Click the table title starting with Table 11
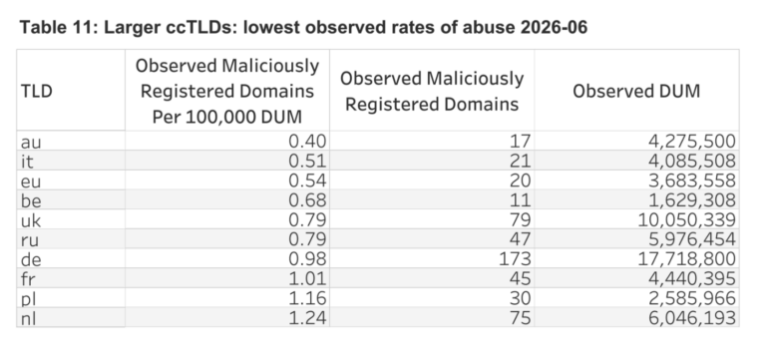[x=303, y=27]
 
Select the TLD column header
[x=36, y=92]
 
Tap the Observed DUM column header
[x=636, y=92]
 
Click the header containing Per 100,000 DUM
[x=227, y=92]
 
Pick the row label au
[x=31, y=143]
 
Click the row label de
[x=31, y=259]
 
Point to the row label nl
[x=28, y=318]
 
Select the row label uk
[x=31, y=220]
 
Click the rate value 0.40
[x=307, y=142]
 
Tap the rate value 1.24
[x=307, y=317]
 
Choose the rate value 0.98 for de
[x=307, y=258]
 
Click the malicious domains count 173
[x=515, y=258]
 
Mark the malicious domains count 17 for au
[x=521, y=142]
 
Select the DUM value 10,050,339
[x=687, y=219]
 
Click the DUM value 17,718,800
[x=687, y=258]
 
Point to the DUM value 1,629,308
[x=692, y=200]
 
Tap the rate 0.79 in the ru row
[x=307, y=239]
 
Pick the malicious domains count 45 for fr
[x=520, y=278]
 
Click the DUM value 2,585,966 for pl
[x=692, y=298]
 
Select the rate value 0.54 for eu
[x=307, y=180]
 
